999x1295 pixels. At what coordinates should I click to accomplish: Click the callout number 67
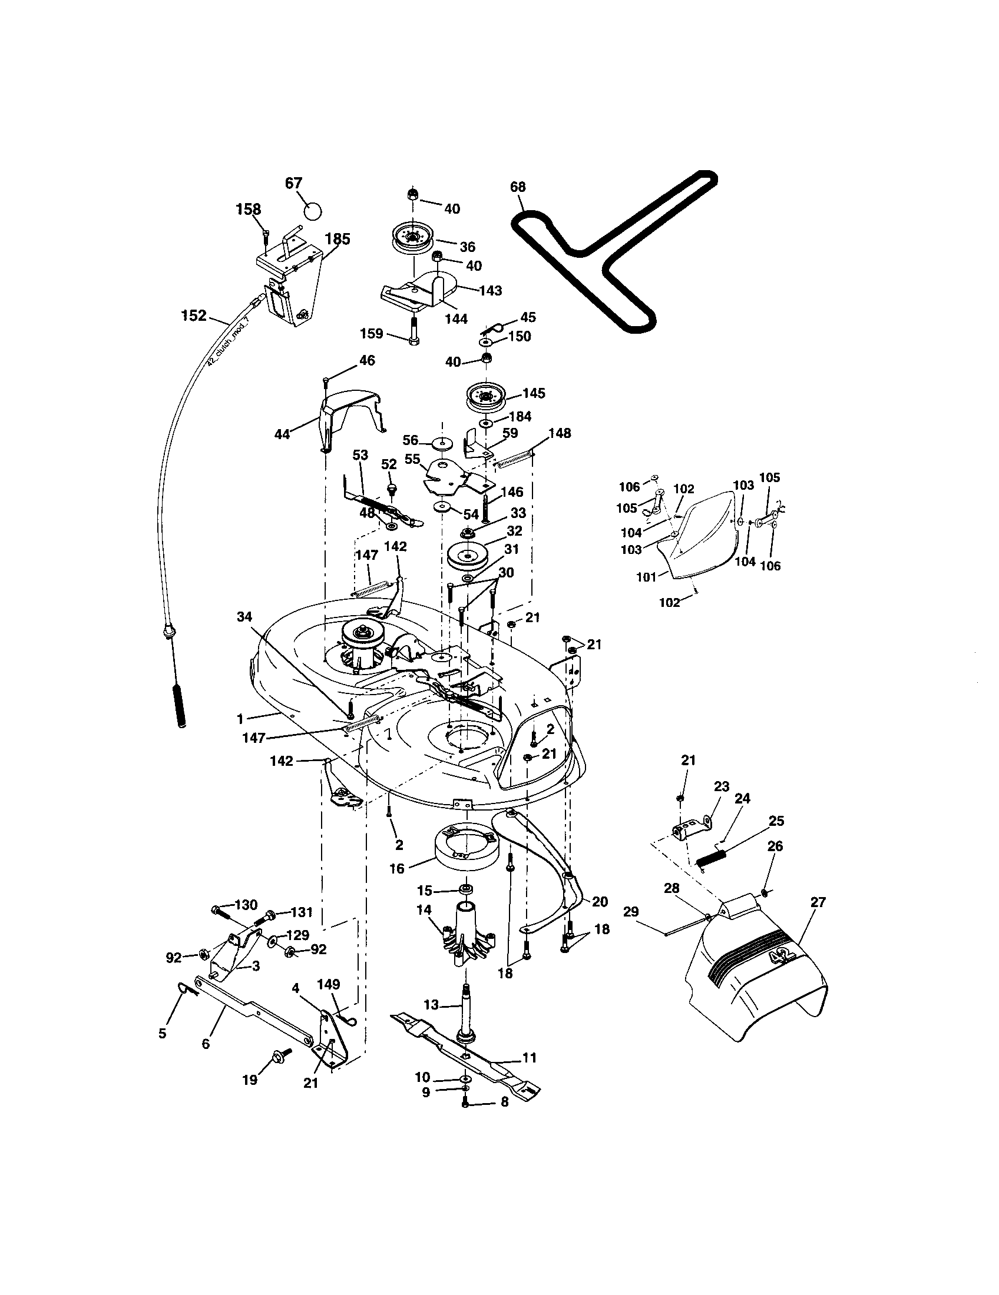click(x=294, y=182)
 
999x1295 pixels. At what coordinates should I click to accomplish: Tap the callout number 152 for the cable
click(x=194, y=316)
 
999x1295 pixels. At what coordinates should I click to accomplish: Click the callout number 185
click(x=338, y=239)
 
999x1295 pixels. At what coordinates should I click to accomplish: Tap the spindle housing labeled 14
click(x=466, y=936)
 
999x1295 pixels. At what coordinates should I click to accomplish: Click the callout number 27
click(x=818, y=902)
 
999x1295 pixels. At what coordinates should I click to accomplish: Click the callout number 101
click(x=646, y=576)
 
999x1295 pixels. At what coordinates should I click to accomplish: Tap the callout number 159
click(x=371, y=333)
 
